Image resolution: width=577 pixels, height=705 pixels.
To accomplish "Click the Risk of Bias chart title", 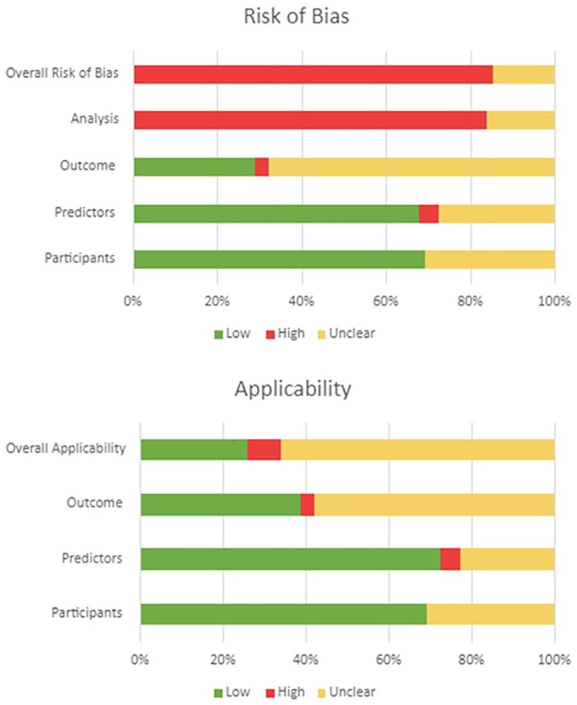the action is point(296,16).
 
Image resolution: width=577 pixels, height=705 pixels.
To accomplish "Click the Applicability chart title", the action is point(293,389).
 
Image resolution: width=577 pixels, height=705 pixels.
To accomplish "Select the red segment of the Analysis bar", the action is point(310,120).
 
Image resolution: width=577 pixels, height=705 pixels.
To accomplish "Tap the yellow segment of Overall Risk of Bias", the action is point(524,74).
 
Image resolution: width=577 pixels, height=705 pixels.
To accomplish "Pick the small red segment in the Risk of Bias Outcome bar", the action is point(262,167).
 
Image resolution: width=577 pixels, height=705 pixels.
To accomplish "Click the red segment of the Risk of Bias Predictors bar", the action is point(429,214).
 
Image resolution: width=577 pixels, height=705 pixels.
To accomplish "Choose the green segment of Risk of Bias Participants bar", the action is point(280,259).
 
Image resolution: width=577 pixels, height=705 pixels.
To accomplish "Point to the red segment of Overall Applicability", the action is point(263,449).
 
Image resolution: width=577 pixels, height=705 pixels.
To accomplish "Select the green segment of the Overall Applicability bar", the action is point(194,449).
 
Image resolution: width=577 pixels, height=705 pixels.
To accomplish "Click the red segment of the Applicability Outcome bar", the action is point(307,505).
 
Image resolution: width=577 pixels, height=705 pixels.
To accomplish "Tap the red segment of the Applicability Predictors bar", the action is point(450,559).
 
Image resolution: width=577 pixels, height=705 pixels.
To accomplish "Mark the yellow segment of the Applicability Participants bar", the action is point(491,614).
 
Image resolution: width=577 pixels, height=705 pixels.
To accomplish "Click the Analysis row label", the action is point(95,119).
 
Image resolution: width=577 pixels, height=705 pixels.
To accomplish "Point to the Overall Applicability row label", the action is point(66,449).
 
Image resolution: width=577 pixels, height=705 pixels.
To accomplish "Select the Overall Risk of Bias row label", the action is point(62,73).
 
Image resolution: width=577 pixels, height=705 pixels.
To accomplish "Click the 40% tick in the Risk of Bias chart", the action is point(301,300).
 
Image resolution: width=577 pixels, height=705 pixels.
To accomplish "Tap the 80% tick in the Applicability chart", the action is point(471,659).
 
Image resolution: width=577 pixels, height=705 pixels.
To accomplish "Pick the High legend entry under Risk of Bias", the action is point(285,334).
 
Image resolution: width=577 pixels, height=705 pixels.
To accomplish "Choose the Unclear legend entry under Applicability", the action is point(346,692).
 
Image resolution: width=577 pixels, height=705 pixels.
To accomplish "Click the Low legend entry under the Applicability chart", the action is point(232,692).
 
